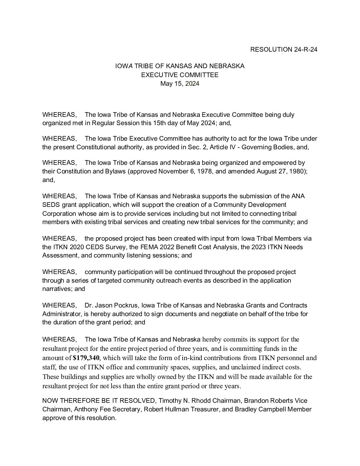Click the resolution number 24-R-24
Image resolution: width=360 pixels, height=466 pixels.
click(305, 50)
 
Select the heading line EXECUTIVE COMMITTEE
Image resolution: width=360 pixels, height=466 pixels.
click(180, 75)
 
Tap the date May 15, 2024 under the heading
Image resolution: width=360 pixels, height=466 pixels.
click(180, 83)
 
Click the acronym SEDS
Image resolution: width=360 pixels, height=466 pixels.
click(50, 205)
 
